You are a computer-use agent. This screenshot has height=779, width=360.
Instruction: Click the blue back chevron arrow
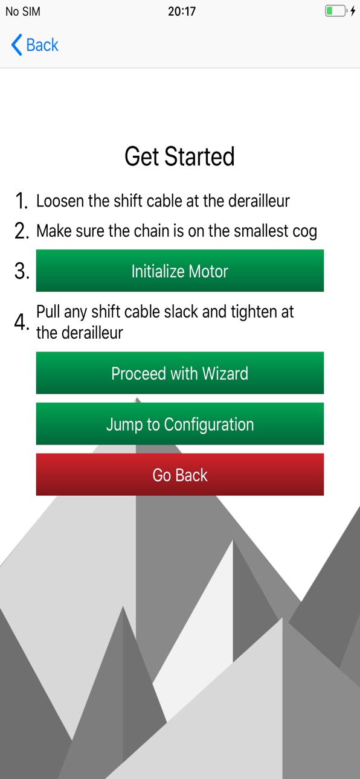17,45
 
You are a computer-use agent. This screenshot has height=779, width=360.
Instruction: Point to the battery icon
336,11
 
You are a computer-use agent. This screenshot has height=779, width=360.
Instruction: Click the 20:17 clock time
182,11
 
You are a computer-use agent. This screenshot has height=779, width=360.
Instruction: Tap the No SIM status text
23,11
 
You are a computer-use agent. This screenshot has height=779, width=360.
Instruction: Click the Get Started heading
179,156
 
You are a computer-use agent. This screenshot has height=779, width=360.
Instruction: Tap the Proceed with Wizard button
180,373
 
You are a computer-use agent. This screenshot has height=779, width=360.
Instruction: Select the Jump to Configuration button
180,423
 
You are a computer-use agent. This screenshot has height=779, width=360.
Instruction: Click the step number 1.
21,201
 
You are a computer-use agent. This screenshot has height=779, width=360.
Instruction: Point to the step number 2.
22,231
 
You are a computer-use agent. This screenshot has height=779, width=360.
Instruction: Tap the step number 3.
22,271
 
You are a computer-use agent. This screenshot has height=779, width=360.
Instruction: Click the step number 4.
21,322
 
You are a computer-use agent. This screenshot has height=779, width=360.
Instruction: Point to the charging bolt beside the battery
353,11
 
